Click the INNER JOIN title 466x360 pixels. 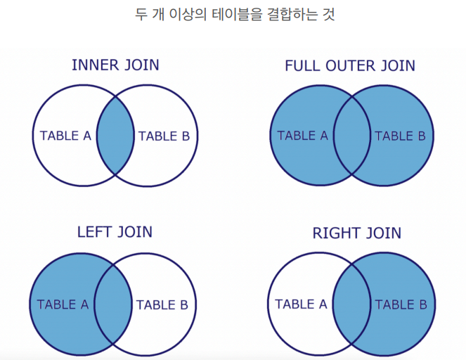[115, 65]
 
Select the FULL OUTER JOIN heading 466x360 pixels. [349, 66]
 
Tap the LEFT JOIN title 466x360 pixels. [115, 232]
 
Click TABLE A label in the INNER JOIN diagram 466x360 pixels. [65, 136]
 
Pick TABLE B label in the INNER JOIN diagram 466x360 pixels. [164, 136]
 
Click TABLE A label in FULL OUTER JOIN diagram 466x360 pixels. [302, 136]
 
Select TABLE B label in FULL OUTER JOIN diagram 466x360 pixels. [400, 136]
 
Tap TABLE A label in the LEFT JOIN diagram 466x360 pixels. [63, 304]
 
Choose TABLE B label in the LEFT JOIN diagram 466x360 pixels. [162, 304]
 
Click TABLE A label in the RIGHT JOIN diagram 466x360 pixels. [301, 304]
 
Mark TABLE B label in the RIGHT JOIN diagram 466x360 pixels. [400, 304]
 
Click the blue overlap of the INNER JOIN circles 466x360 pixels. [115, 136]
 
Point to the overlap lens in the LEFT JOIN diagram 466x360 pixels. [113, 304]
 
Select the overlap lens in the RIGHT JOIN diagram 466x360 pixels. [351, 304]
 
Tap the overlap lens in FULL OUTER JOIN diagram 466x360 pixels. [351, 136]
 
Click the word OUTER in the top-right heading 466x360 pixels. [349, 66]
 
